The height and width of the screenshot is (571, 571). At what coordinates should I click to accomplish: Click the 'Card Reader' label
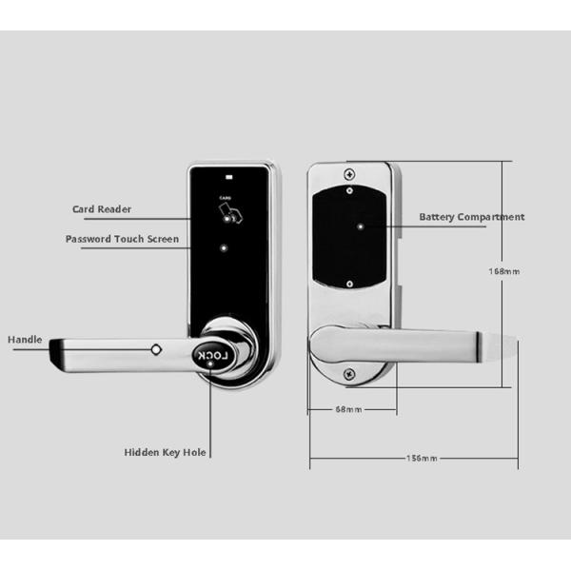point(102,209)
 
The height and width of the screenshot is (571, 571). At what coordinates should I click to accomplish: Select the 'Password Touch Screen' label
point(122,238)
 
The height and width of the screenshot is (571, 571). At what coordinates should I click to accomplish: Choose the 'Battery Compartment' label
point(472,218)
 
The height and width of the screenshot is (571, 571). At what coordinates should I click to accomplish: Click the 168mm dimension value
point(503,271)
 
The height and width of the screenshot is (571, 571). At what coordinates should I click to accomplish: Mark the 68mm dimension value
point(348,410)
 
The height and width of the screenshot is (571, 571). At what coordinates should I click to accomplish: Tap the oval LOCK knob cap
point(213,357)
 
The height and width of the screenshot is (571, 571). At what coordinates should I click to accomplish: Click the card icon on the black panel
point(229,216)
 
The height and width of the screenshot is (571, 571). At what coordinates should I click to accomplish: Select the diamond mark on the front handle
point(155,349)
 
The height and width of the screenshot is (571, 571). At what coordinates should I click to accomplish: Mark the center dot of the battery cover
point(362,227)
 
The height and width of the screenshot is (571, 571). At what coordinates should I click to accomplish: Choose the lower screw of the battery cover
point(350,282)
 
